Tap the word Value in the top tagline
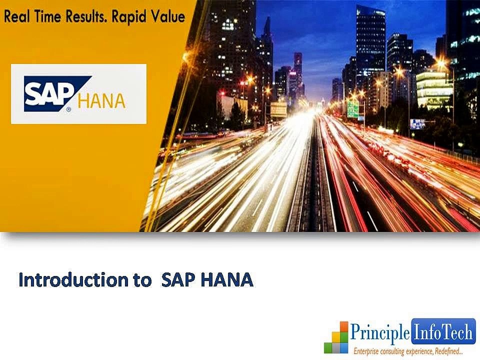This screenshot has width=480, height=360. pos(168,17)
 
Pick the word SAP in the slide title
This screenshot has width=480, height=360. pos(178,280)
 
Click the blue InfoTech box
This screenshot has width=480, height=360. pos(442,330)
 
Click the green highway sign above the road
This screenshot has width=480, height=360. pos(353,109)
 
